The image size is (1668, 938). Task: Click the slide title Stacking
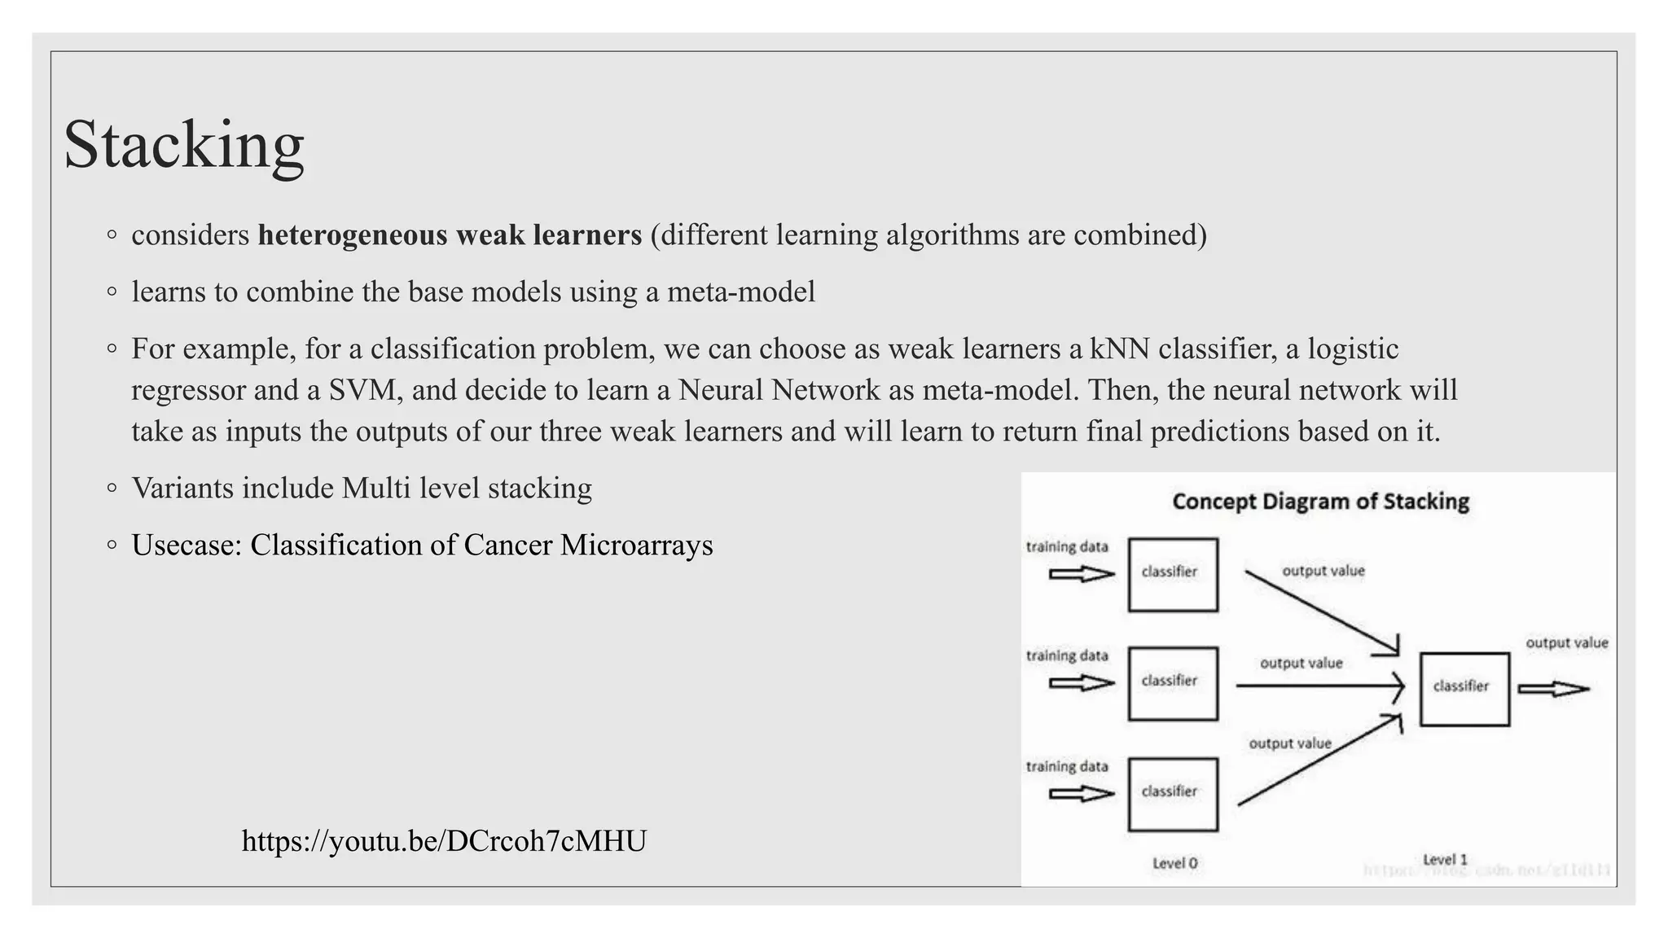tap(184, 145)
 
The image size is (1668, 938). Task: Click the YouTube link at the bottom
tap(444, 841)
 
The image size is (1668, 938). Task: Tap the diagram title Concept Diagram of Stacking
tap(1320, 502)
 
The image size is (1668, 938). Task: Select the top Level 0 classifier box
tap(1173, 574)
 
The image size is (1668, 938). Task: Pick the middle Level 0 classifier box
tap(1173, 683)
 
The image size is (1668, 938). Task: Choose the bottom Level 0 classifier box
tap(1173, 794)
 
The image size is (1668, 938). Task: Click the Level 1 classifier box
tap(1464, 689)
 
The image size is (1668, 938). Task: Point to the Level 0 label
tap(1174, 863)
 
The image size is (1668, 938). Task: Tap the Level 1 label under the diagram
tap(1445, 860)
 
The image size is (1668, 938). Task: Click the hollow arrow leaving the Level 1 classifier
tap(1553, 690)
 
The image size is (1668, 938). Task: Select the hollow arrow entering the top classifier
tap(1081, 574)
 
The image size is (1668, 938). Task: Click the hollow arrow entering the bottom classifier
tap(1081, 794)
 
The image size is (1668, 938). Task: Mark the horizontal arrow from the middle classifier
tap(1319, 686)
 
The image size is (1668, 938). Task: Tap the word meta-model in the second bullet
tap(740, 291)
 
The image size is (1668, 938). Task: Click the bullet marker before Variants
tap(112, 489)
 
